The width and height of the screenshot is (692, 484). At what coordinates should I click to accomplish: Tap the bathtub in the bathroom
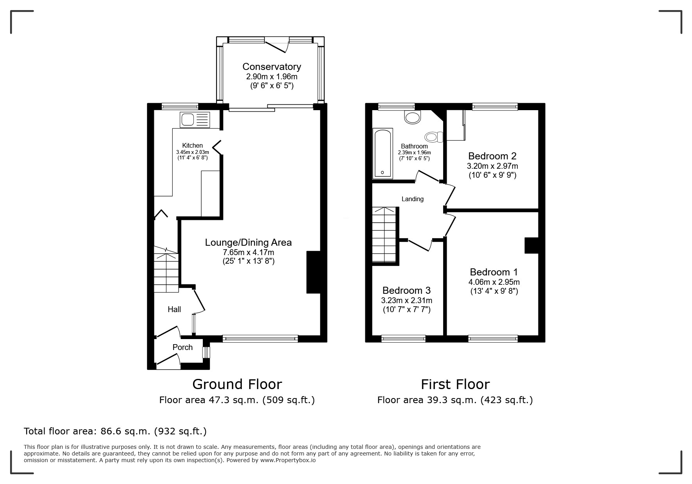point(383,153)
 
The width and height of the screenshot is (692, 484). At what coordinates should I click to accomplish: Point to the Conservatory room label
point(272,66)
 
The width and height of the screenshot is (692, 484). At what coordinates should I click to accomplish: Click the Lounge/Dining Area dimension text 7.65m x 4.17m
point(248,252)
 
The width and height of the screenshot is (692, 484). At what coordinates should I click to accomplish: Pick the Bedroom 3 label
point(406,290)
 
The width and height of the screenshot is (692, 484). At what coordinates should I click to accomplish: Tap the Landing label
point(412,199)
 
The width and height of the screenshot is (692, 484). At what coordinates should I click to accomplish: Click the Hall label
point(174,309)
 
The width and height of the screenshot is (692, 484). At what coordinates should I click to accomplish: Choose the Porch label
point(182,347)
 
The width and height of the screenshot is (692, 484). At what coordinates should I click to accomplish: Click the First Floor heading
point(455,384)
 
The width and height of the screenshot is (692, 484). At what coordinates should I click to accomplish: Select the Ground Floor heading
point(237,384)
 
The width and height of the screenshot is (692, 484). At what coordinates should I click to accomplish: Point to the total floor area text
point(115,431)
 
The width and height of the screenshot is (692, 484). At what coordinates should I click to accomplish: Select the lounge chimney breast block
point(313,272)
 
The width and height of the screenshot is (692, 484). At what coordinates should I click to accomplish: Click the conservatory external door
point(277,44)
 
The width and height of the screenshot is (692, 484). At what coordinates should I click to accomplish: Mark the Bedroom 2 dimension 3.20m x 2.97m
point(492,166)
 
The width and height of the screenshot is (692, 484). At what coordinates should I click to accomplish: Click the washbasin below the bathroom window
point(413,117)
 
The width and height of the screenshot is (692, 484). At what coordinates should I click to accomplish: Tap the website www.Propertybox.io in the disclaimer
point(288,460)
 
